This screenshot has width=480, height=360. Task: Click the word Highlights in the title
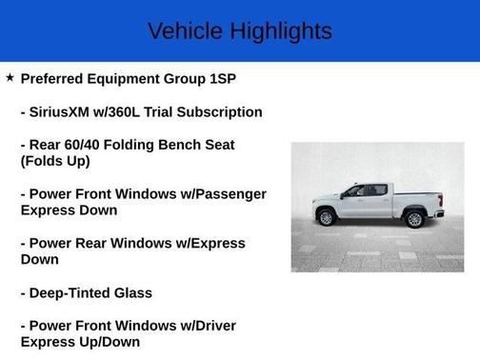click(278, 31)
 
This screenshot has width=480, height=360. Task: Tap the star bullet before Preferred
click(10, 77)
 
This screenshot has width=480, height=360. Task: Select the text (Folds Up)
click(55, 161)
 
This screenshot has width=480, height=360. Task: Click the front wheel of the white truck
click(326, 217)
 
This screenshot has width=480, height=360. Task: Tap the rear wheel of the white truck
click(414, 218)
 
